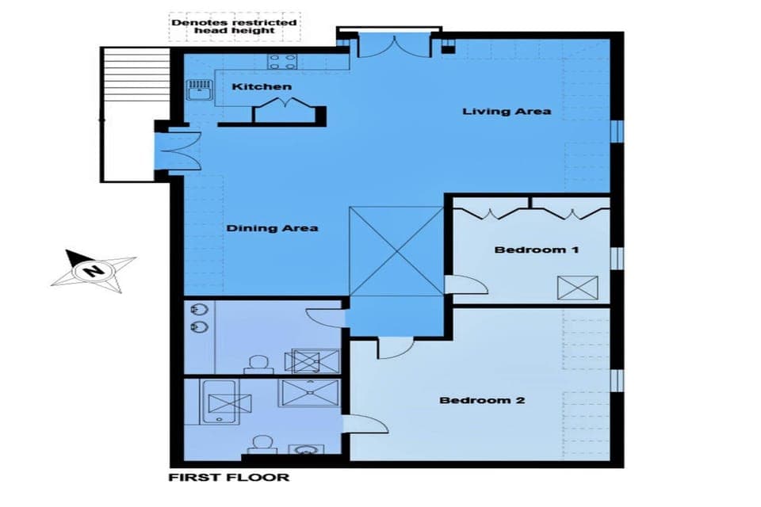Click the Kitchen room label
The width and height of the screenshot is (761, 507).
click(x=262, y=86)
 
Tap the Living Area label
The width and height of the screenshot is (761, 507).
click(x=507, y=111)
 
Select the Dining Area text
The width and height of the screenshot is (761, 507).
click(x=272, y=228)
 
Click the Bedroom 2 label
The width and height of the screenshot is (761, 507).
click(x=482, y=400)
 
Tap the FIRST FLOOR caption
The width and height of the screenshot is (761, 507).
click(x=229, y=478)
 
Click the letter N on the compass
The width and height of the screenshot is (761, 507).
click(x=94, y=270)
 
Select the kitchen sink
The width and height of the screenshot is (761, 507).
click(x=197, y=90)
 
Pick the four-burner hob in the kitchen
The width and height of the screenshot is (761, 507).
click(x=282, y=59)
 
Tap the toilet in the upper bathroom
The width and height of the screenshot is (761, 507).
click(x=256, y=364)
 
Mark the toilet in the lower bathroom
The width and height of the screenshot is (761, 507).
click(x=258, y=445)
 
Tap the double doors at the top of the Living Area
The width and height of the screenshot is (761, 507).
click(x=388, y=44)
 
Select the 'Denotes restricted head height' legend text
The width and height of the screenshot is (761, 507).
click(x=235, y=26)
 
